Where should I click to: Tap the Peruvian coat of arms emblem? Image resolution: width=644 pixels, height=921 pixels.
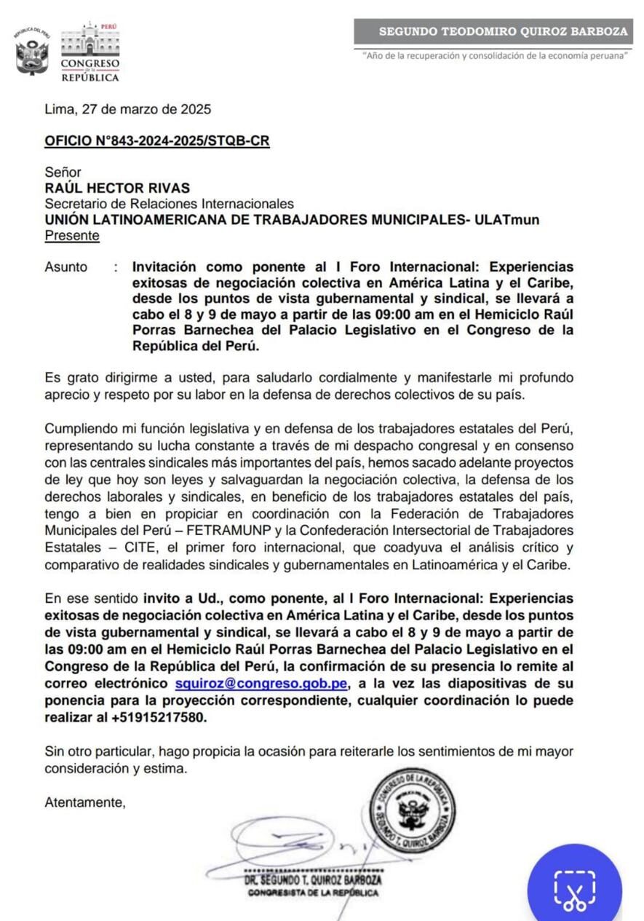point(32,53)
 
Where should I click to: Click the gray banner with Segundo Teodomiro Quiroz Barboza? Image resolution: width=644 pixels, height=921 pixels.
point(493,31)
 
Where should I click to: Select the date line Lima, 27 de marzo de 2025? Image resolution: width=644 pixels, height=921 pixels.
point(128,110)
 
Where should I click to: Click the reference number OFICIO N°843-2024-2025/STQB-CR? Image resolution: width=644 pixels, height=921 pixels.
point(157,141)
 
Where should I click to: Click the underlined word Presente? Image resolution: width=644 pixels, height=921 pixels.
point(72,235)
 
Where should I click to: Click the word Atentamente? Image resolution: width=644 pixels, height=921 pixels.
point(85,803)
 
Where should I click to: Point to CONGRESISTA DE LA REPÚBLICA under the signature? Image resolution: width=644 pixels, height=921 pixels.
point(313,893)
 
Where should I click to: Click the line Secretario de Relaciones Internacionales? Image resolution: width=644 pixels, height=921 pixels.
point(169,204)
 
